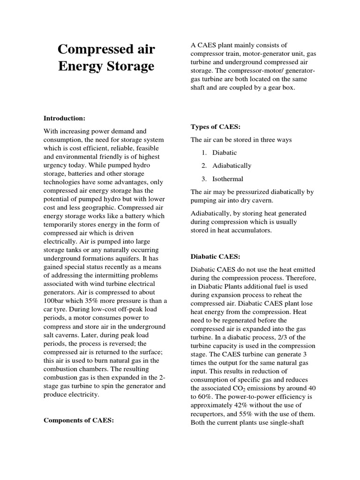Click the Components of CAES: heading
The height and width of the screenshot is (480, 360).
(x=79, y=420)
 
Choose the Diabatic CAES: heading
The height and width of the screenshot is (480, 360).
(x=215, y=256)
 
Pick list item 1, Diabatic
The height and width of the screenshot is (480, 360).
(x=225, y=152)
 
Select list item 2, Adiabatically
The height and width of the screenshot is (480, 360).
(x=232, y=165)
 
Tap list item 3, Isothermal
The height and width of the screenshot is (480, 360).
(x=227, y=179)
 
